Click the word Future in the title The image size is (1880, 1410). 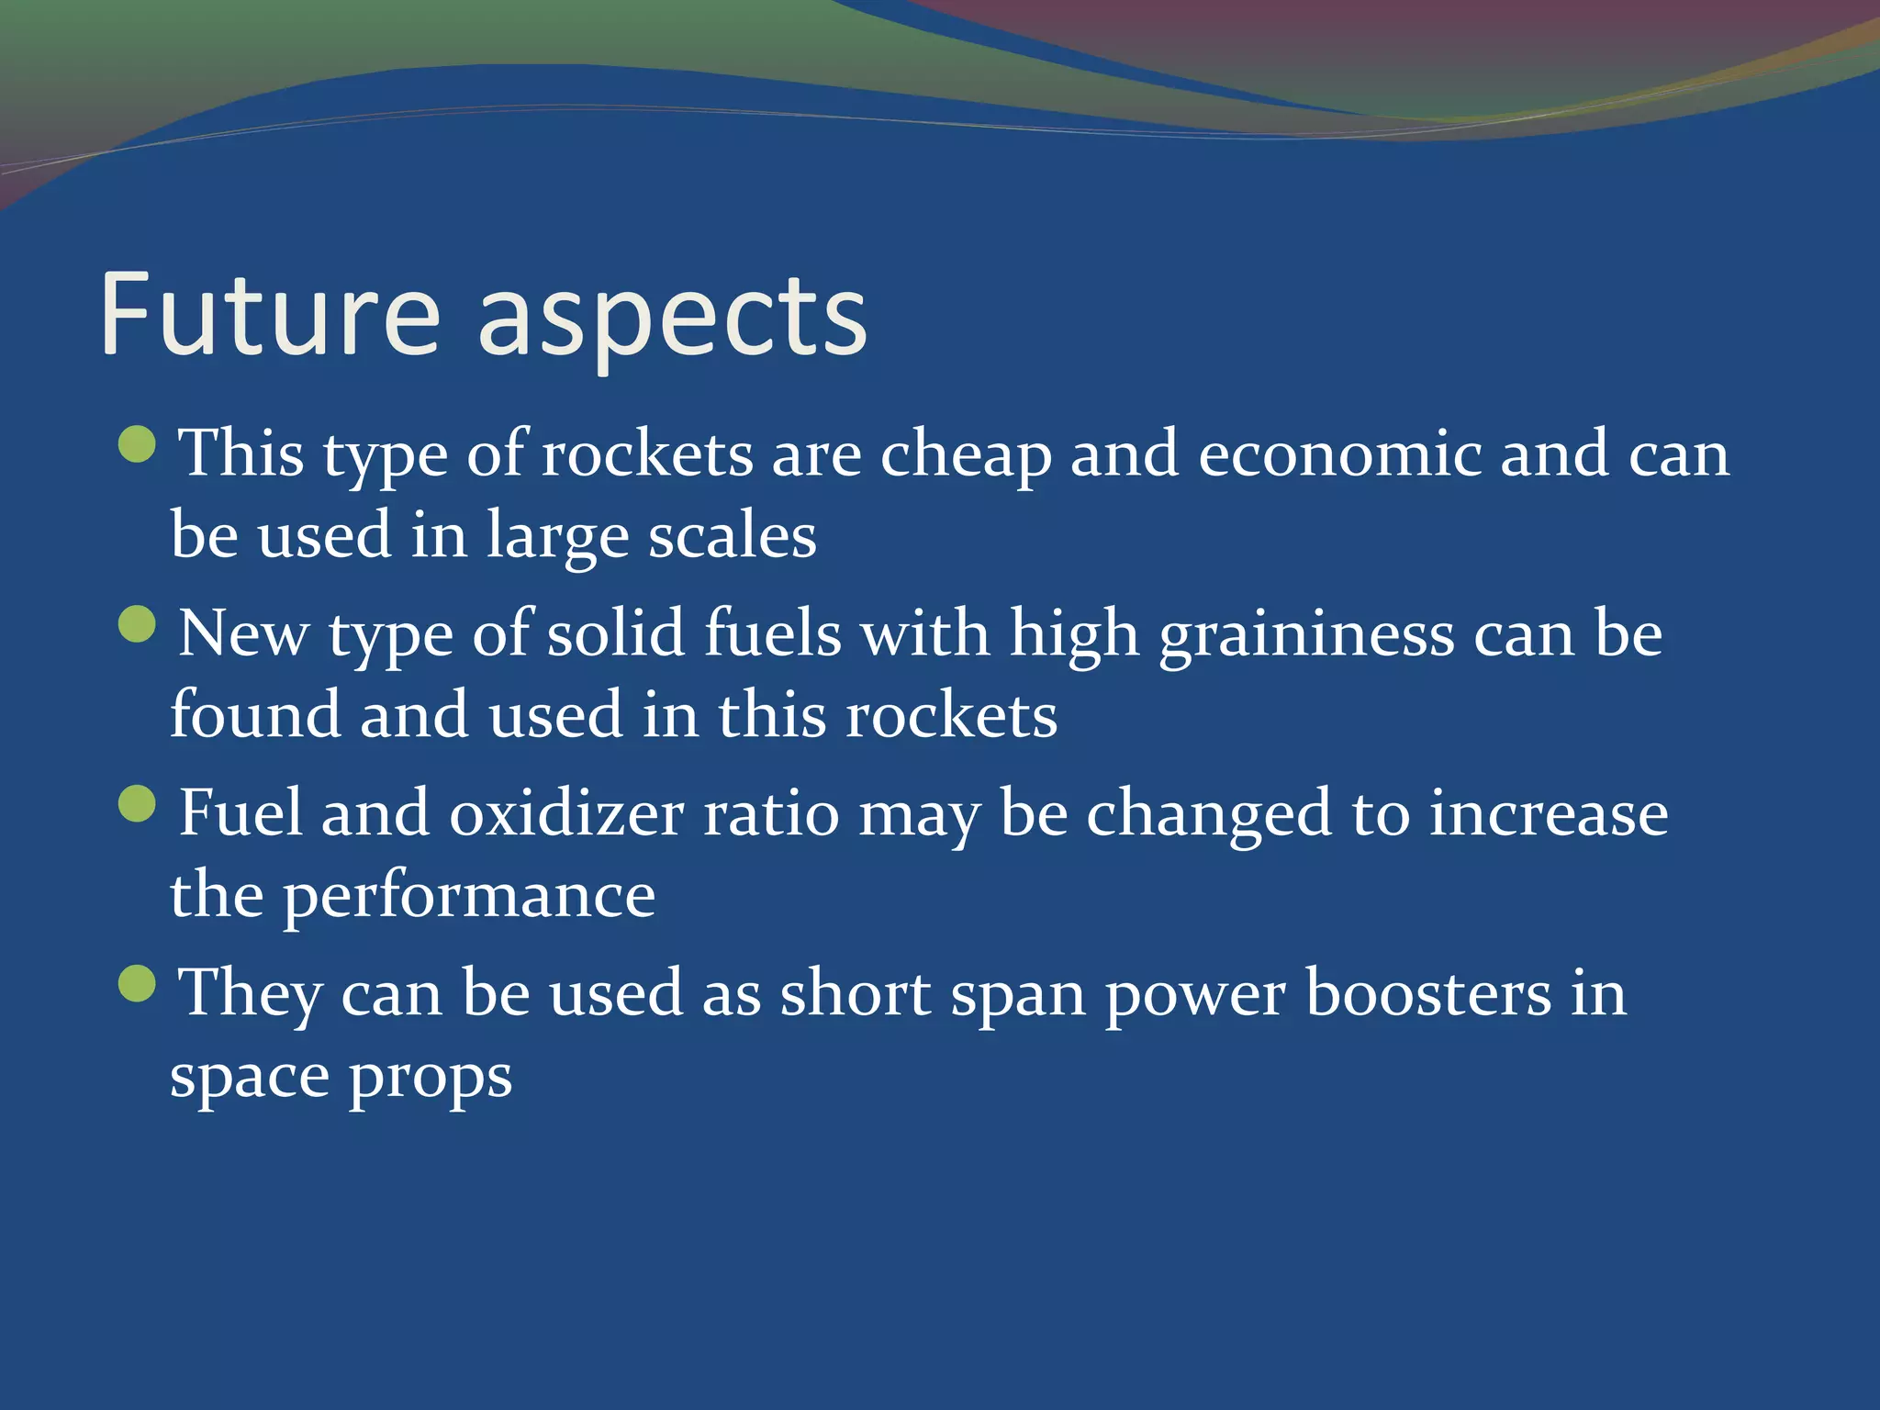point(271,314)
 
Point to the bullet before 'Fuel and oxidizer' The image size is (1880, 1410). point(138,804)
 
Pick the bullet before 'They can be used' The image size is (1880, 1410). point(138,984)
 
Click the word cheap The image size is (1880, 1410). point(966,456)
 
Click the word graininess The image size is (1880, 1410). point(1306,636)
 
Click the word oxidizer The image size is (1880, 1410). point(566,813)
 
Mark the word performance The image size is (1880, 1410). point(469,898)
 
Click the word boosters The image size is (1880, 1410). point(1427,993)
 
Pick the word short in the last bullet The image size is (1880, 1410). point(855,993)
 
